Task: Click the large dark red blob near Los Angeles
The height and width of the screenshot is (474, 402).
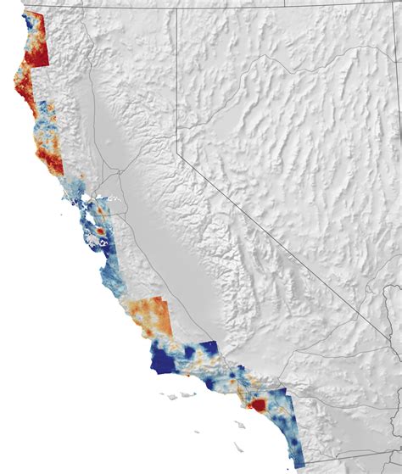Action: click(257, 405)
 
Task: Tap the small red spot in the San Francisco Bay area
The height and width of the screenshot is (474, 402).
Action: click(100, 229)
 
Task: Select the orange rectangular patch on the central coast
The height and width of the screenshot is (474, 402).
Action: click(154, 316)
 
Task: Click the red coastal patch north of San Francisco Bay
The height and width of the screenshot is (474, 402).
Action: click(56, 158)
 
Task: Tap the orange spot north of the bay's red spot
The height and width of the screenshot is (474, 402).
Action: click(102, 207)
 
